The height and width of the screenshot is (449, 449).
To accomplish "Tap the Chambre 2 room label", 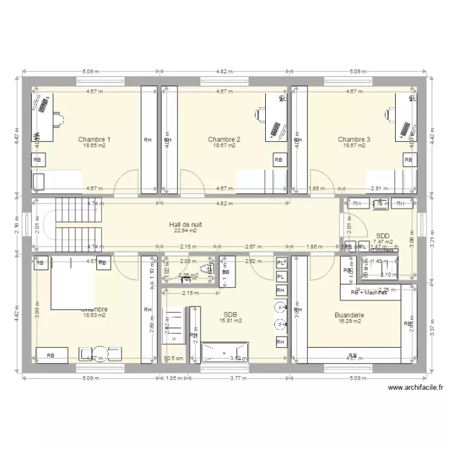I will pyautogui.click(x=224, y=139).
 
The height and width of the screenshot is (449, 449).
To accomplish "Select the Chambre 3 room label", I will pyautogui.click(x=353, y=139).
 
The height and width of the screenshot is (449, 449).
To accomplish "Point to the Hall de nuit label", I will pyautogui.click(x=185, y=224).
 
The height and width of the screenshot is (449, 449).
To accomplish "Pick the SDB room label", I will pyautogui.click(x=230, y=314).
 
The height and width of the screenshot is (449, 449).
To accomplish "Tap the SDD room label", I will pyautogui.click(x=383, y=236).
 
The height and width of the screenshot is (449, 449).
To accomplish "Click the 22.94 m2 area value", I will pyautogui.click(x=185, y=230).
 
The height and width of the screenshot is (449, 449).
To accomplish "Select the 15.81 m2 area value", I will pyautogui.click(x=230, y=321).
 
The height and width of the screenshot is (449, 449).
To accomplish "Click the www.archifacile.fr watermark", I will pyautogui.click(x=415, y=387).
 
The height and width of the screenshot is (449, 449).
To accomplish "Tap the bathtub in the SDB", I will pyautogui.click(x=224, y=351).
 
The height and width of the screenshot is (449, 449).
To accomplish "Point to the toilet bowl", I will pyautogui.click(x=207, y=269).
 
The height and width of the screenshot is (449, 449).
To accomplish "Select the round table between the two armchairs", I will pyautogui.click(x=101, y=354).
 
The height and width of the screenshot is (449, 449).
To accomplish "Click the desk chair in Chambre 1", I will pyautogui.click(x=58, y=119).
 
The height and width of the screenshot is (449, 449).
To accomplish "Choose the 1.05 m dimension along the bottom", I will pyautogui.click(x=173, y=378).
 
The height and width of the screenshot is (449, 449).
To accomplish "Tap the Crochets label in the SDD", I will pyautogui.click(x=382, y=251).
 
